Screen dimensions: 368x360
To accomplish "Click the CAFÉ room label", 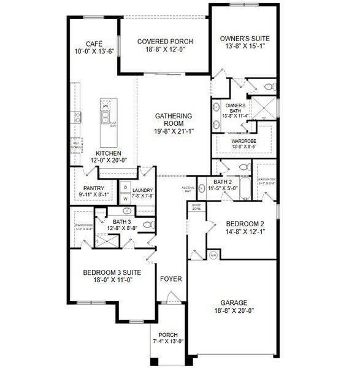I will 93,44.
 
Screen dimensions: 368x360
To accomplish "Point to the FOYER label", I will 170,279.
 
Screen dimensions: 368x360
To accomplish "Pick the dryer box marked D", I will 125,186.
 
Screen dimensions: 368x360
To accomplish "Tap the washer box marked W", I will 125,198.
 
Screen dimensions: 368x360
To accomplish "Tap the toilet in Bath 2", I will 243,167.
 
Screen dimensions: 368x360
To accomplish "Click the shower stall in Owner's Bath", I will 264,109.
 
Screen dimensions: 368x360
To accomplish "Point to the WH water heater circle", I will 213,255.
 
